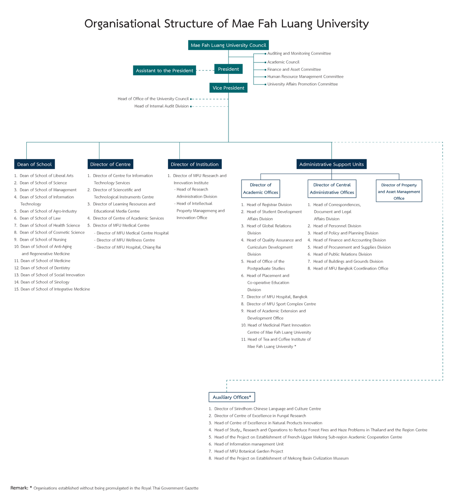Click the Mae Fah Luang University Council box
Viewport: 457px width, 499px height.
pos(228,45)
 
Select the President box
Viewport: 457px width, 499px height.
pos(228,69)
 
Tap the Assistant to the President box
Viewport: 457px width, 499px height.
pos(165,70)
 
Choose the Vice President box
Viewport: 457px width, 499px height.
pos(228,88)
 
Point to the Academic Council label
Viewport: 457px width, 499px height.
pos(283,62)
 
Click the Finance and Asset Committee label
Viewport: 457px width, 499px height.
pos(294,69)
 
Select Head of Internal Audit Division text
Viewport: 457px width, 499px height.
pos(161,106)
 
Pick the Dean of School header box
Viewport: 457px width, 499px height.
pos(34,164)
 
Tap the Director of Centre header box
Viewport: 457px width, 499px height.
pos(110,164)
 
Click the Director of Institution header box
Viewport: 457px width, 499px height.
pos(195,164)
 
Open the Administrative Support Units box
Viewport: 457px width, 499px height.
pos(331,164)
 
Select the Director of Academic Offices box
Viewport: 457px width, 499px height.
pos(261,189)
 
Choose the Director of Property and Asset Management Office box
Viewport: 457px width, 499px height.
pos(399,191)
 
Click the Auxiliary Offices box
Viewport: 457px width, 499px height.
pos(232,397)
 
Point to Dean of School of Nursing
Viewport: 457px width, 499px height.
pos(43,240)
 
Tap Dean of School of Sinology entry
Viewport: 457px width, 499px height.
pos(45,282)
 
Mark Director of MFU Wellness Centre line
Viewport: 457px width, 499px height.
pos(126,240)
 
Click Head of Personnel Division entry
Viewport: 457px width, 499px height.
pos(337,226)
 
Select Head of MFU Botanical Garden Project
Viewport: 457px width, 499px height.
pos(248,451)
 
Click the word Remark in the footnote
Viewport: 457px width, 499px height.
pos(19,488)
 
